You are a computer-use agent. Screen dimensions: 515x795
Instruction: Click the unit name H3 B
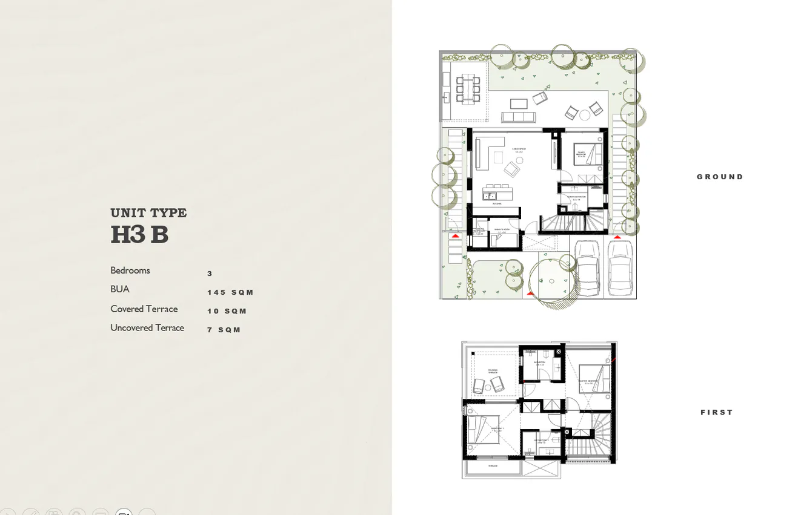[x=139, y=234]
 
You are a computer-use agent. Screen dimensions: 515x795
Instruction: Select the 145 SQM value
[x=230, y=292]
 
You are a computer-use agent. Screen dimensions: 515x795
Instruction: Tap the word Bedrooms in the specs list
[x=130, y=271]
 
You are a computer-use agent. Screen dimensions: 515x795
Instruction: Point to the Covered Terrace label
[x=144, y=309]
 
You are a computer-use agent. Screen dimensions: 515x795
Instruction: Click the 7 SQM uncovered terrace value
[x=224, y=330]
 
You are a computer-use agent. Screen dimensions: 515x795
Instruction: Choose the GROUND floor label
[x=719, y=177]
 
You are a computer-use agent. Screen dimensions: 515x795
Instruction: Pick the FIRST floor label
[x=716, y=412]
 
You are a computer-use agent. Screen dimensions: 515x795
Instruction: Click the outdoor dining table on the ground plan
[x=467, y=88]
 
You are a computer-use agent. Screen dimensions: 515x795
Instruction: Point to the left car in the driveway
[x=586, y=266]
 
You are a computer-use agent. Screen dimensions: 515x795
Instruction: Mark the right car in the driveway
[x=619, y=266]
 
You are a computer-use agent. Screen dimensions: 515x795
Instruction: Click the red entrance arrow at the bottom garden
[x=530, y=294]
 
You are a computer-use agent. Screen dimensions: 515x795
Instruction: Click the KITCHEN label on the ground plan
[x=496, y=204]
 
